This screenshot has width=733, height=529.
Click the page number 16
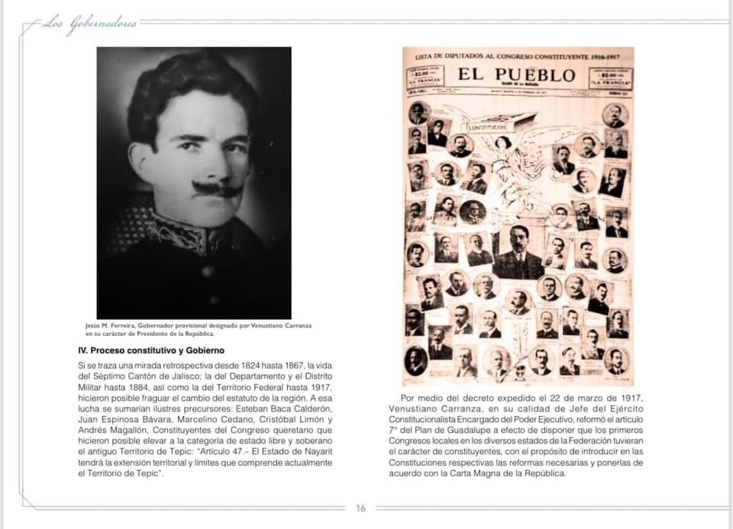(361, 508)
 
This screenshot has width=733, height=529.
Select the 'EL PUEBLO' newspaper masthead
(517, 75)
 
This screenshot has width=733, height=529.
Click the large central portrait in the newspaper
(520, 252)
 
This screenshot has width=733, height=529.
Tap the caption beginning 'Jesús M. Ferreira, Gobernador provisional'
(199, 329)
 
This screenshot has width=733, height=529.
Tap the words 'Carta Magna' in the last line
(515, 473)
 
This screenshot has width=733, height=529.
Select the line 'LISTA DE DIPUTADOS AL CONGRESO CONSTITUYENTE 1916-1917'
(518, 56)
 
